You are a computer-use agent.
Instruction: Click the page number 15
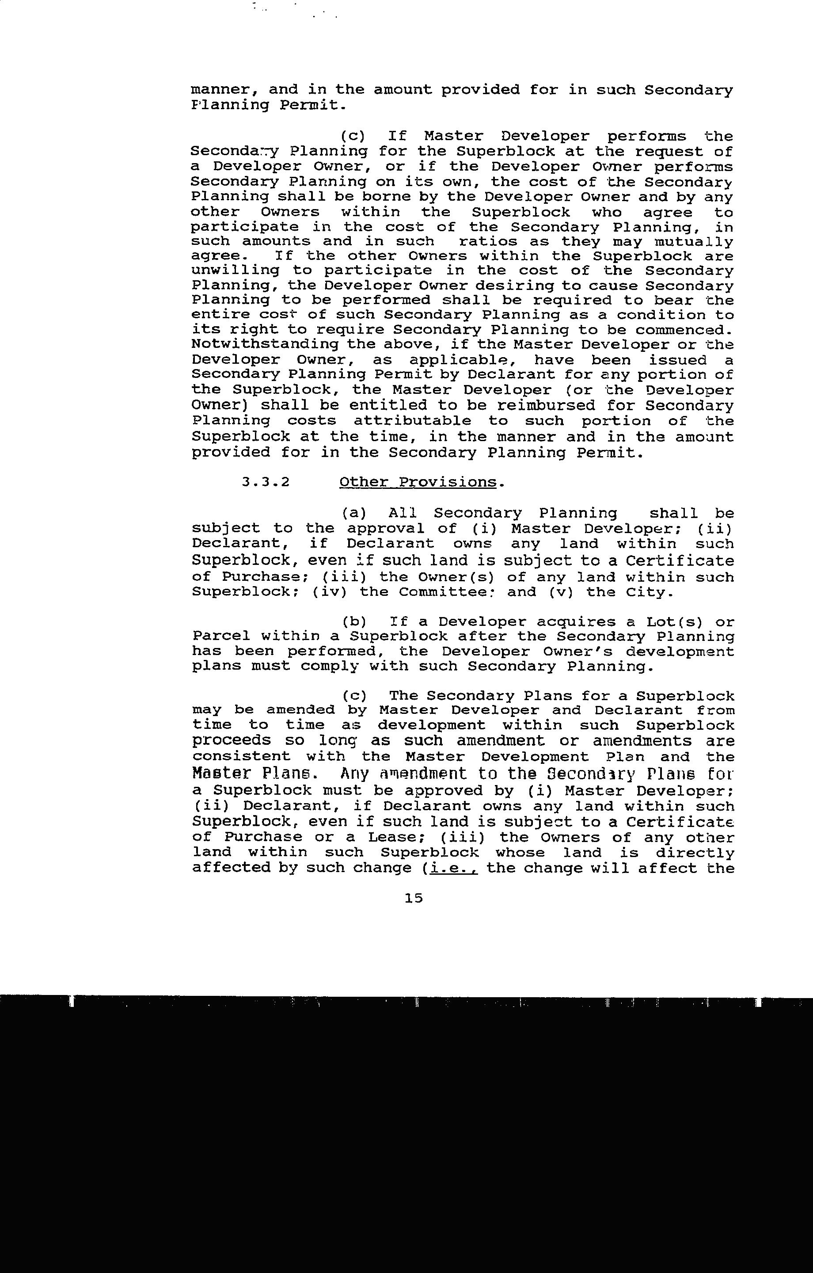[x=414, y=898]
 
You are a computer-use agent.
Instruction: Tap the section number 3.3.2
[x=266, y=482]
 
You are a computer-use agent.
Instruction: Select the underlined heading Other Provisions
[x=418, y=482]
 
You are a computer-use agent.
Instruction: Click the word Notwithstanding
[x=265, y=345]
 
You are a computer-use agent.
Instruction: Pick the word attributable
[x=412, y=421]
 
